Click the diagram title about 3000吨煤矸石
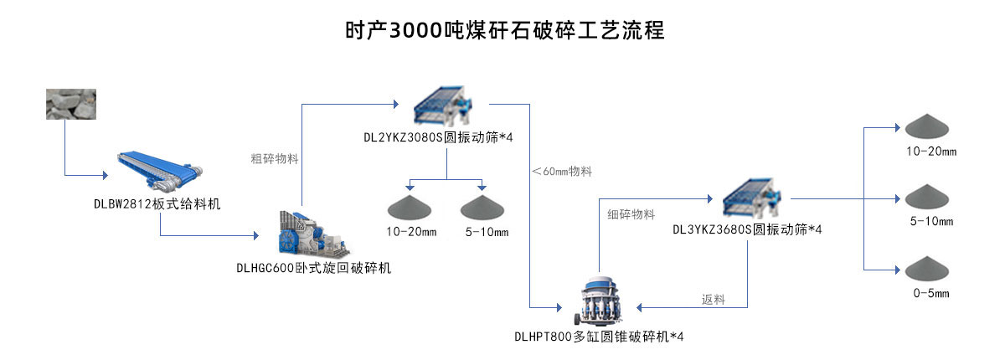point(504,31)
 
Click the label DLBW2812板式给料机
point(157,203)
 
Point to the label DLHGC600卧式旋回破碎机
point(313,268)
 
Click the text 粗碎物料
point(274,157)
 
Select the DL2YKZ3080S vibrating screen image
point(446,105)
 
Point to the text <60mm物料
point(562,171)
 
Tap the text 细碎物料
point(631,214)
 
